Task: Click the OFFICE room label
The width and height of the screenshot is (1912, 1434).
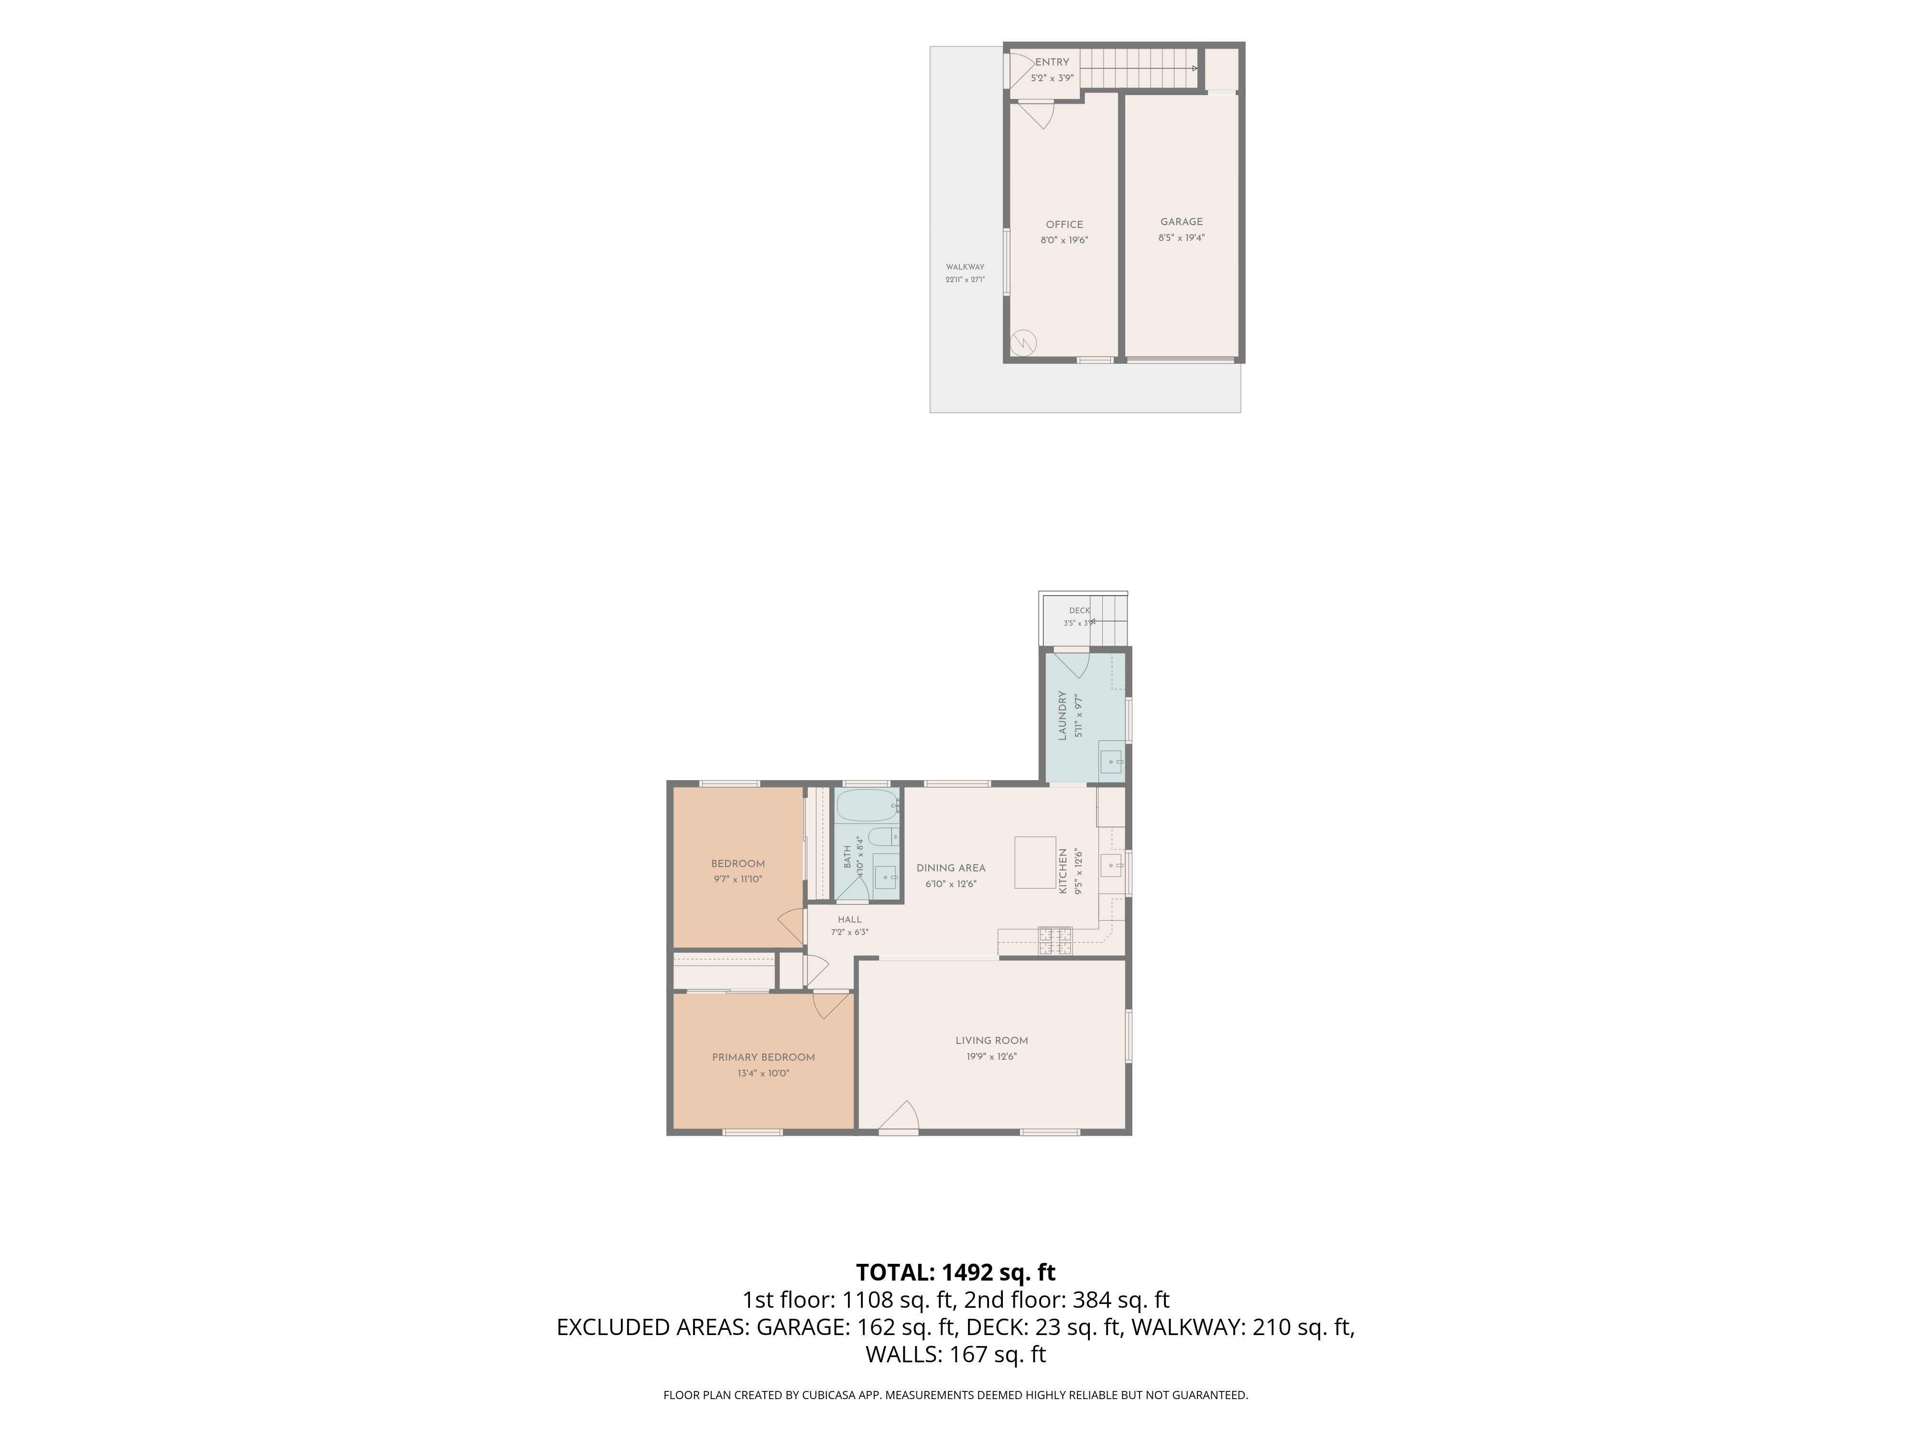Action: (1064, 225)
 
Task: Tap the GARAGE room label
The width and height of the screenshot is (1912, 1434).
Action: (1182, 222)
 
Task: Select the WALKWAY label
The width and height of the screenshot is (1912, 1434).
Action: (965, 267)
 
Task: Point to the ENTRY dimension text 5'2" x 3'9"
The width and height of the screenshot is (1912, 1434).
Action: (1052, 78)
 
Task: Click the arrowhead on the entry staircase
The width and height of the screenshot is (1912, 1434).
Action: (1195, 68)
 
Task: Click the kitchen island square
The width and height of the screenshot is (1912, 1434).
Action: (1035, 862)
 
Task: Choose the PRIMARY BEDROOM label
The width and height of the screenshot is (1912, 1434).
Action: (763, 1058)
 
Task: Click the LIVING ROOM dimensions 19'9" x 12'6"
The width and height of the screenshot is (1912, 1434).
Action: (991, 1056)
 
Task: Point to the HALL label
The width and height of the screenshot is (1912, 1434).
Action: (850, 920)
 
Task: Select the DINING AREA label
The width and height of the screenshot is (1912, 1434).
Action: (951, 868)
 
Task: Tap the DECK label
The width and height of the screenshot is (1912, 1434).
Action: (1080, 610)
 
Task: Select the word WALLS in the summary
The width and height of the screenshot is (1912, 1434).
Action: (902, 1355)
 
